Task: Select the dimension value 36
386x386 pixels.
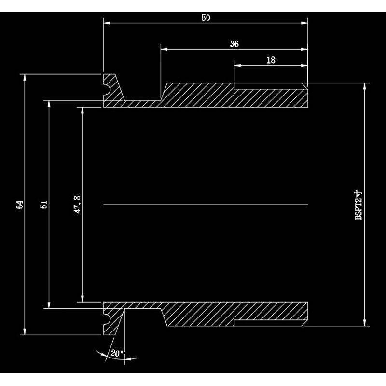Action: click(234, 44)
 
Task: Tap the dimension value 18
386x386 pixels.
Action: click(271, 60)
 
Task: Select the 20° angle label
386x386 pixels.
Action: click(116, 353)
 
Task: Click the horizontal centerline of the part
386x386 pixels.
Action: click(206, 205)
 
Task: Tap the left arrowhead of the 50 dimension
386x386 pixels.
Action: click(107, 22)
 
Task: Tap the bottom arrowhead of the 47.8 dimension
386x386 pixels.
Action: click(83, 298)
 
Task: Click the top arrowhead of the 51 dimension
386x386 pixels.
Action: click(49, 103)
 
